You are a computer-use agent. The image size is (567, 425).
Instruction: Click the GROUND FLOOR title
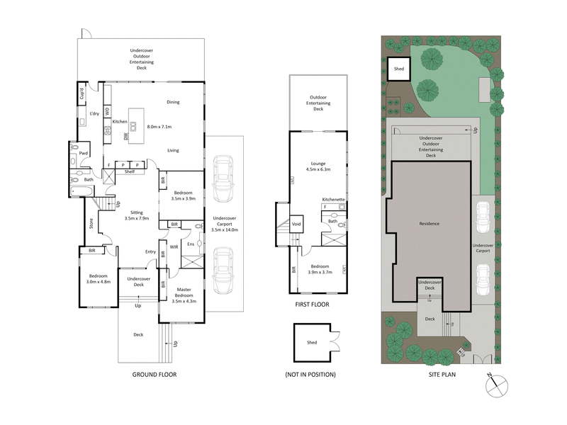point(154,374)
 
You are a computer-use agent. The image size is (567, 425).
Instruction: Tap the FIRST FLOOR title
point(312,304)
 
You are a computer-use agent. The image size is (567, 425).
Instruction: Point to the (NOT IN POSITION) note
point(310,374)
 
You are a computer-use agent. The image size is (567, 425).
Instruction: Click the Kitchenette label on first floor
point(333,200)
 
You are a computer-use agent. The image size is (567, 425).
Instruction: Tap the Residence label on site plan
point(430,224)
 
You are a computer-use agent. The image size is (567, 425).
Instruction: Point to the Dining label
point(173,102)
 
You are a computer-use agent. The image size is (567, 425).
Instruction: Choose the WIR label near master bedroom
point(174,247)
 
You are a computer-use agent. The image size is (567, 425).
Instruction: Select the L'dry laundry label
point(94,113)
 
